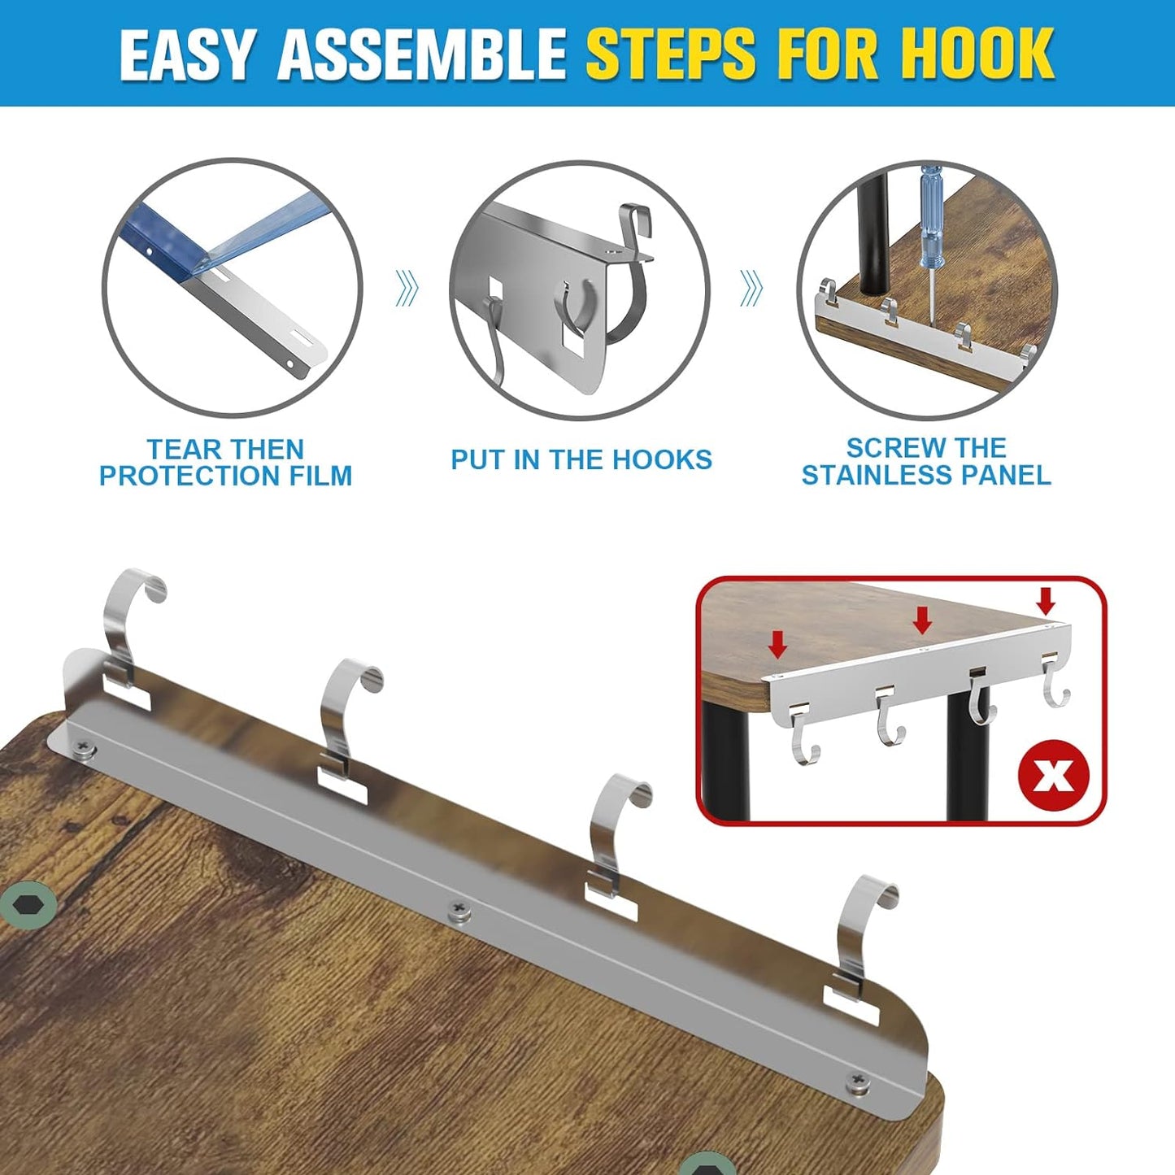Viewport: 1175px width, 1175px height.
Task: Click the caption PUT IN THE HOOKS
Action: click(x=581, y=459)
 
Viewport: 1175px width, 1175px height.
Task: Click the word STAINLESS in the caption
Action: click(x=873, y=475)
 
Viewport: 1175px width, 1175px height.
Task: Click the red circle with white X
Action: click(x=1053, y=776)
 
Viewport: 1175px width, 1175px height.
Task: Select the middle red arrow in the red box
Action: click(x=922, y=620)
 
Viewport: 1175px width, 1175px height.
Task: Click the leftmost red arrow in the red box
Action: click(x=777, y=645)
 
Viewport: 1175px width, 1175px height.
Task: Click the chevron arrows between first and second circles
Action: click(x=407, y=288)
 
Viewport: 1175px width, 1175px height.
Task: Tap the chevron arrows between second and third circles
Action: click(x=751, y=288)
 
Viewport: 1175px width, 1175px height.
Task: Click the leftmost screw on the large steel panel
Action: click(x=85, y=747)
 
